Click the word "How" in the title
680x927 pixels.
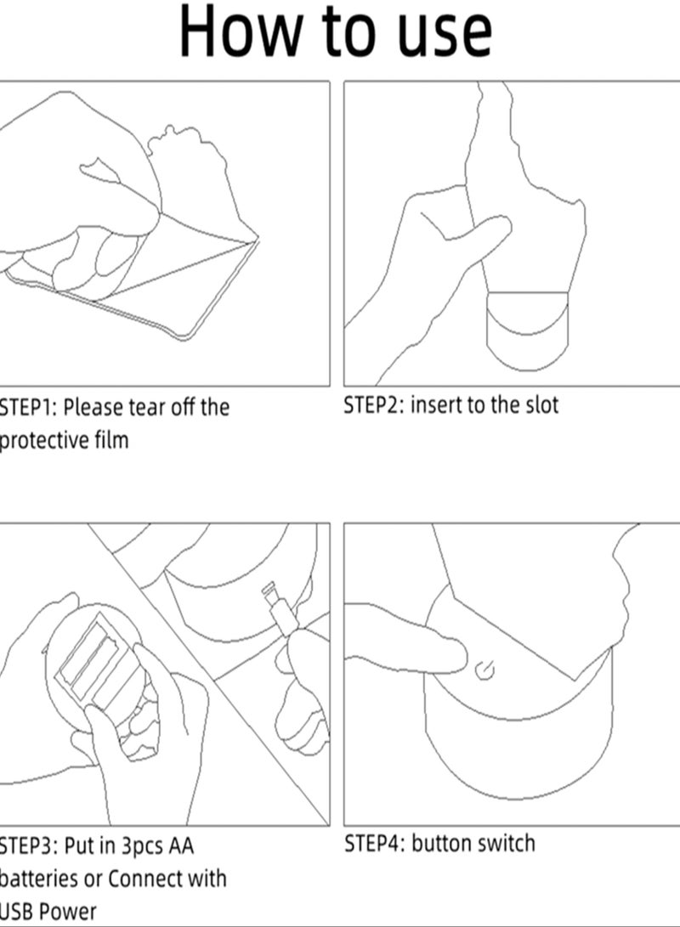pyautogui.click(x=241, y=31)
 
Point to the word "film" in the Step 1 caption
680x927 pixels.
pyautogui.click(x=110, y=439)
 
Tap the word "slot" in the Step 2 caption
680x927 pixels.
pyautogui.click(x=539, y=405)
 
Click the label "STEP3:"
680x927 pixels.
pyautogui.click(x=27, y=846)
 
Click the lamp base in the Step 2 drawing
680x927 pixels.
pyautogui.click(x=528, y=331)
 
